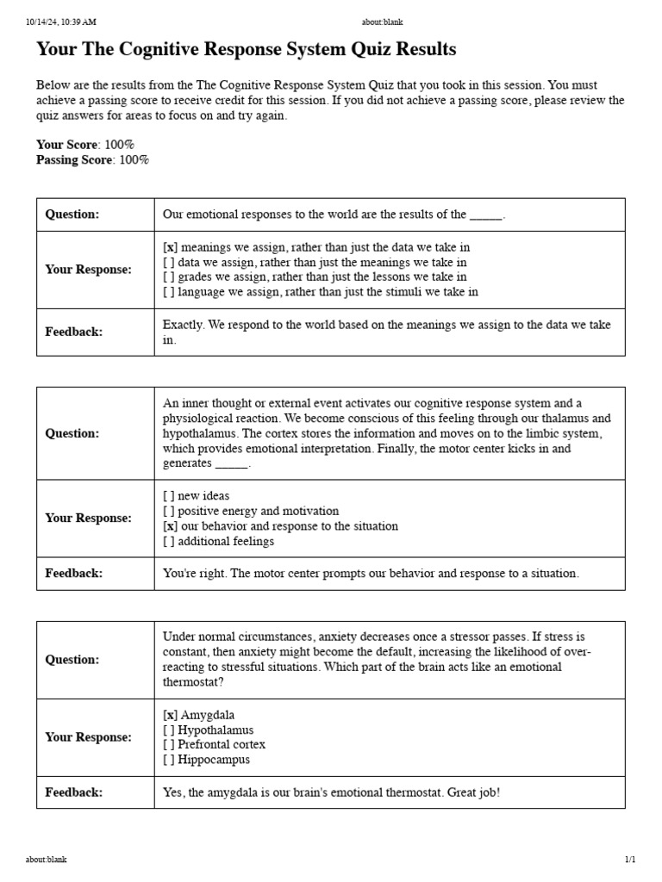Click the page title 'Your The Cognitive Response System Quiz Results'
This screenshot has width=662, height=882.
246,49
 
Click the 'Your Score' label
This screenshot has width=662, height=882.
67,145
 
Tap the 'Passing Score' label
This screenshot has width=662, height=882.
74,159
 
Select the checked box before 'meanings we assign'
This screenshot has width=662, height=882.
171,247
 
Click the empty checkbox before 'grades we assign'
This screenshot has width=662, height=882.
170,277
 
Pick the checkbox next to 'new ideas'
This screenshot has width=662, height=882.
170,496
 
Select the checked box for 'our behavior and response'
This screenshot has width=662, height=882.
171,526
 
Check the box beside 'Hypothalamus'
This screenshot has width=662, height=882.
170,730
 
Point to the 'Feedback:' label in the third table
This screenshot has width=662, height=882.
73,792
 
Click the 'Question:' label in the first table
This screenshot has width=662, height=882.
72,214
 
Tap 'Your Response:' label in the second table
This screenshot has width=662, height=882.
88,519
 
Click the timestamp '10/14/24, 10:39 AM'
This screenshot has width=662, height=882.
61,22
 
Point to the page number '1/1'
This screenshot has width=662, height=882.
630,860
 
